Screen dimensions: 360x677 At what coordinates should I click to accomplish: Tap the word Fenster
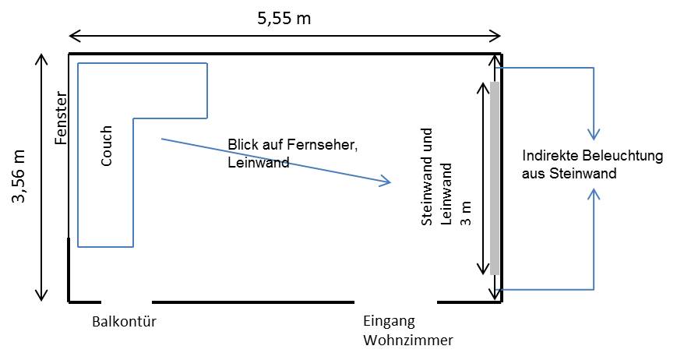pyautogui.click(x=62, y=118)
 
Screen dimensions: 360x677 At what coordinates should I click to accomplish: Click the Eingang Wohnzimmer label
pyautogui.click(x=407, y=330)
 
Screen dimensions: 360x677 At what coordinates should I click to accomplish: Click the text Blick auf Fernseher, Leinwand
pyautogui.click(x=293, y=154)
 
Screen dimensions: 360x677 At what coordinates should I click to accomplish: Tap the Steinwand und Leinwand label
pyautogui.click(x=435, y=195)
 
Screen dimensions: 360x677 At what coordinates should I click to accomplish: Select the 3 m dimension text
pyautogui.click(x=467, y=212)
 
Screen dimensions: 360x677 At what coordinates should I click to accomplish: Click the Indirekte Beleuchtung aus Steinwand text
pyautogui.click(x=592, y=164)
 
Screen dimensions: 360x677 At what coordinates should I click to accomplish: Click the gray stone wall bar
pyautogui.click(x=495, y=178)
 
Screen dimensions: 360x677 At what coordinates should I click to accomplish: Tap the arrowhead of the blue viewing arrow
pyautogui.click(x=386, y=183)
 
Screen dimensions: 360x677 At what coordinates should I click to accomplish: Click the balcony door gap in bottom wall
pyautogui.click(x=126, y=301)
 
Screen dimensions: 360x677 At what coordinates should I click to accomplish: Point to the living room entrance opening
pyautogui.click(x=396, y=301)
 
